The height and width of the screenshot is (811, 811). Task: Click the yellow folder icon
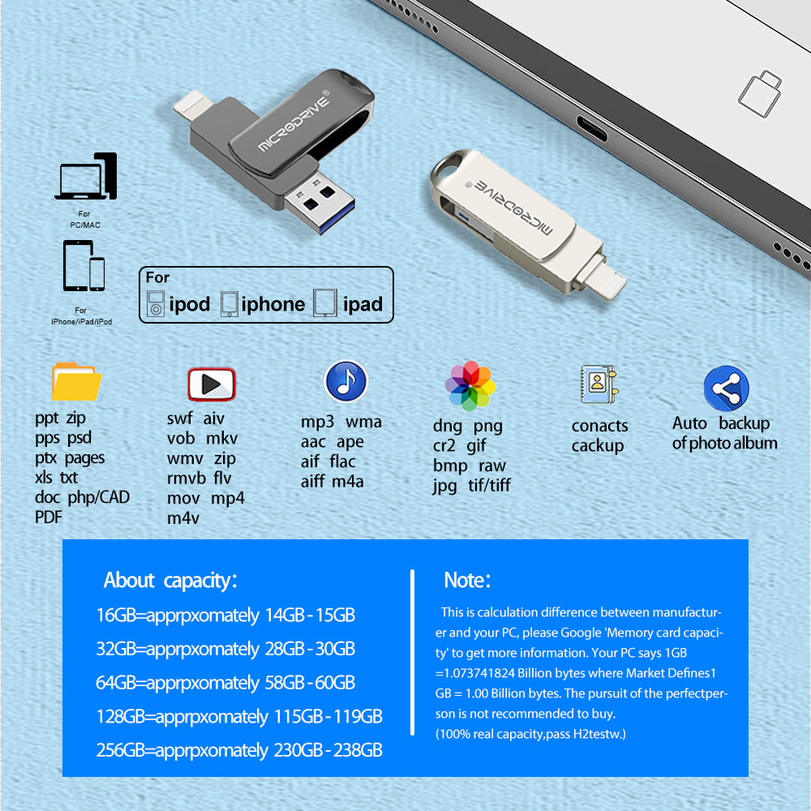pos(76,382)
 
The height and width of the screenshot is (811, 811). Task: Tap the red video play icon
pos(212,384)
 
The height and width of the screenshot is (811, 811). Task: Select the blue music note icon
pos(345,381)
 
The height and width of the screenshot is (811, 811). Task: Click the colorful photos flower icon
pos(470,386)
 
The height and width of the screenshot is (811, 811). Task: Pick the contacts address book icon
pos(599,384)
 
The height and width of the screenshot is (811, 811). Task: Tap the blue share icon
pos(726,388)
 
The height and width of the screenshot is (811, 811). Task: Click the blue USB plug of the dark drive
pos(320,204)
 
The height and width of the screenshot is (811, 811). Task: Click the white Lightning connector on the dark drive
pos(192,105)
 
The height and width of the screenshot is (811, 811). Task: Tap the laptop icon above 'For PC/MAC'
pos(86,176)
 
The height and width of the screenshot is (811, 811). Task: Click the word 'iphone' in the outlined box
pos(273,304)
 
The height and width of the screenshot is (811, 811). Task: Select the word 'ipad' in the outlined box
pos(363,304)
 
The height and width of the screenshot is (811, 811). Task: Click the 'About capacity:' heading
pos(170,581)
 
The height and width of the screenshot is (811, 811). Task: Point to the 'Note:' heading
pos(467,581)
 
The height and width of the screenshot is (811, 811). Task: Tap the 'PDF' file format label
pos(48,517)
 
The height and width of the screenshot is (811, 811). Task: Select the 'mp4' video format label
pos(228,499)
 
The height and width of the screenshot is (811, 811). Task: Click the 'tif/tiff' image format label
pos(489,485)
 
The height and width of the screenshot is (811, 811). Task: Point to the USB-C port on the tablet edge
pos(592,128)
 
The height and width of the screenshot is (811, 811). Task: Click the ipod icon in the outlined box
pos(156,303)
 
